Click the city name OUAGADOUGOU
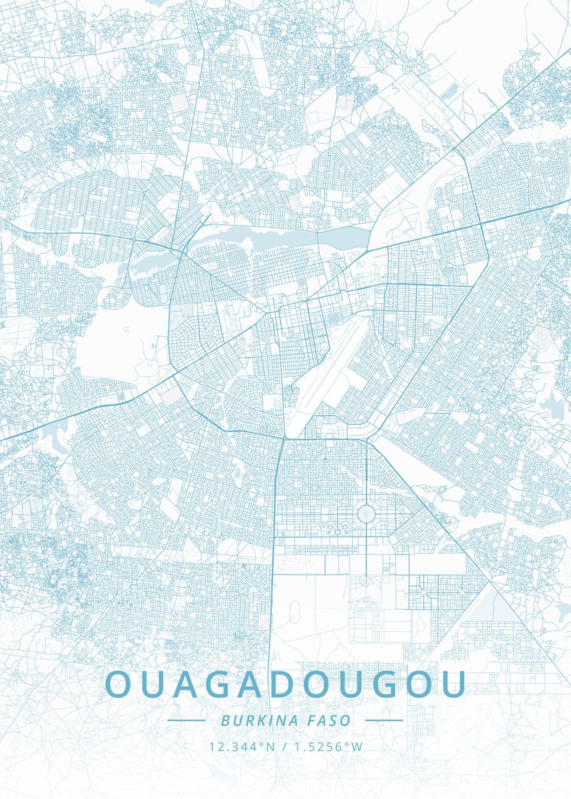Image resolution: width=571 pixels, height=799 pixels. pyautogui.click(x=285, y=684)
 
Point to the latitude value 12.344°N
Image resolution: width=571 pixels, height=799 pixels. pyautogui.click(x=241, y=746)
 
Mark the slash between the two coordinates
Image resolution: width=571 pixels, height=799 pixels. pyautogui.click(x=285, y=746)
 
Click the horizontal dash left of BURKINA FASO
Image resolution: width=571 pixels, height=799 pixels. pyautogui.click(x=186, y=720)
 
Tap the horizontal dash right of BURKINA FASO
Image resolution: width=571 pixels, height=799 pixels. pyautogui.click(x=384, y=720)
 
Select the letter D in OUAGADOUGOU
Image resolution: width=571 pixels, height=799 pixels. pyautogui.click(x=284, y=684)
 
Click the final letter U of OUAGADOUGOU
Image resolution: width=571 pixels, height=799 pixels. pyautogui.click(x=451, y=684)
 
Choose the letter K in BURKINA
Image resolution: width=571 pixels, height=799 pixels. pyautogui.click(x=256, y=720)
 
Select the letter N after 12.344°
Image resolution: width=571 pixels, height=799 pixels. pyautogui.click(x=271, y=746)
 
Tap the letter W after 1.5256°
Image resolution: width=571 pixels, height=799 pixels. pyautogui.click(x=357, y=746)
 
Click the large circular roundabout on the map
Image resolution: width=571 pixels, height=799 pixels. pyautogui.click(x=366, y=513)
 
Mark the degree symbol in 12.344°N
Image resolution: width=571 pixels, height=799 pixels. pyautogui.click(x=262, y=744)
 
